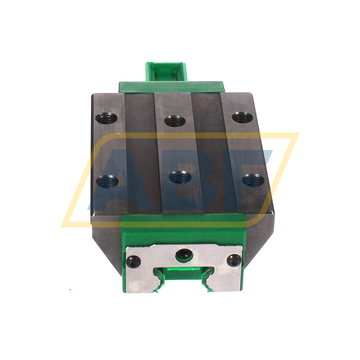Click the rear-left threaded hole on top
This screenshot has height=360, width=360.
point(107,117)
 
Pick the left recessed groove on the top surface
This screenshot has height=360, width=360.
point(140,153)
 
